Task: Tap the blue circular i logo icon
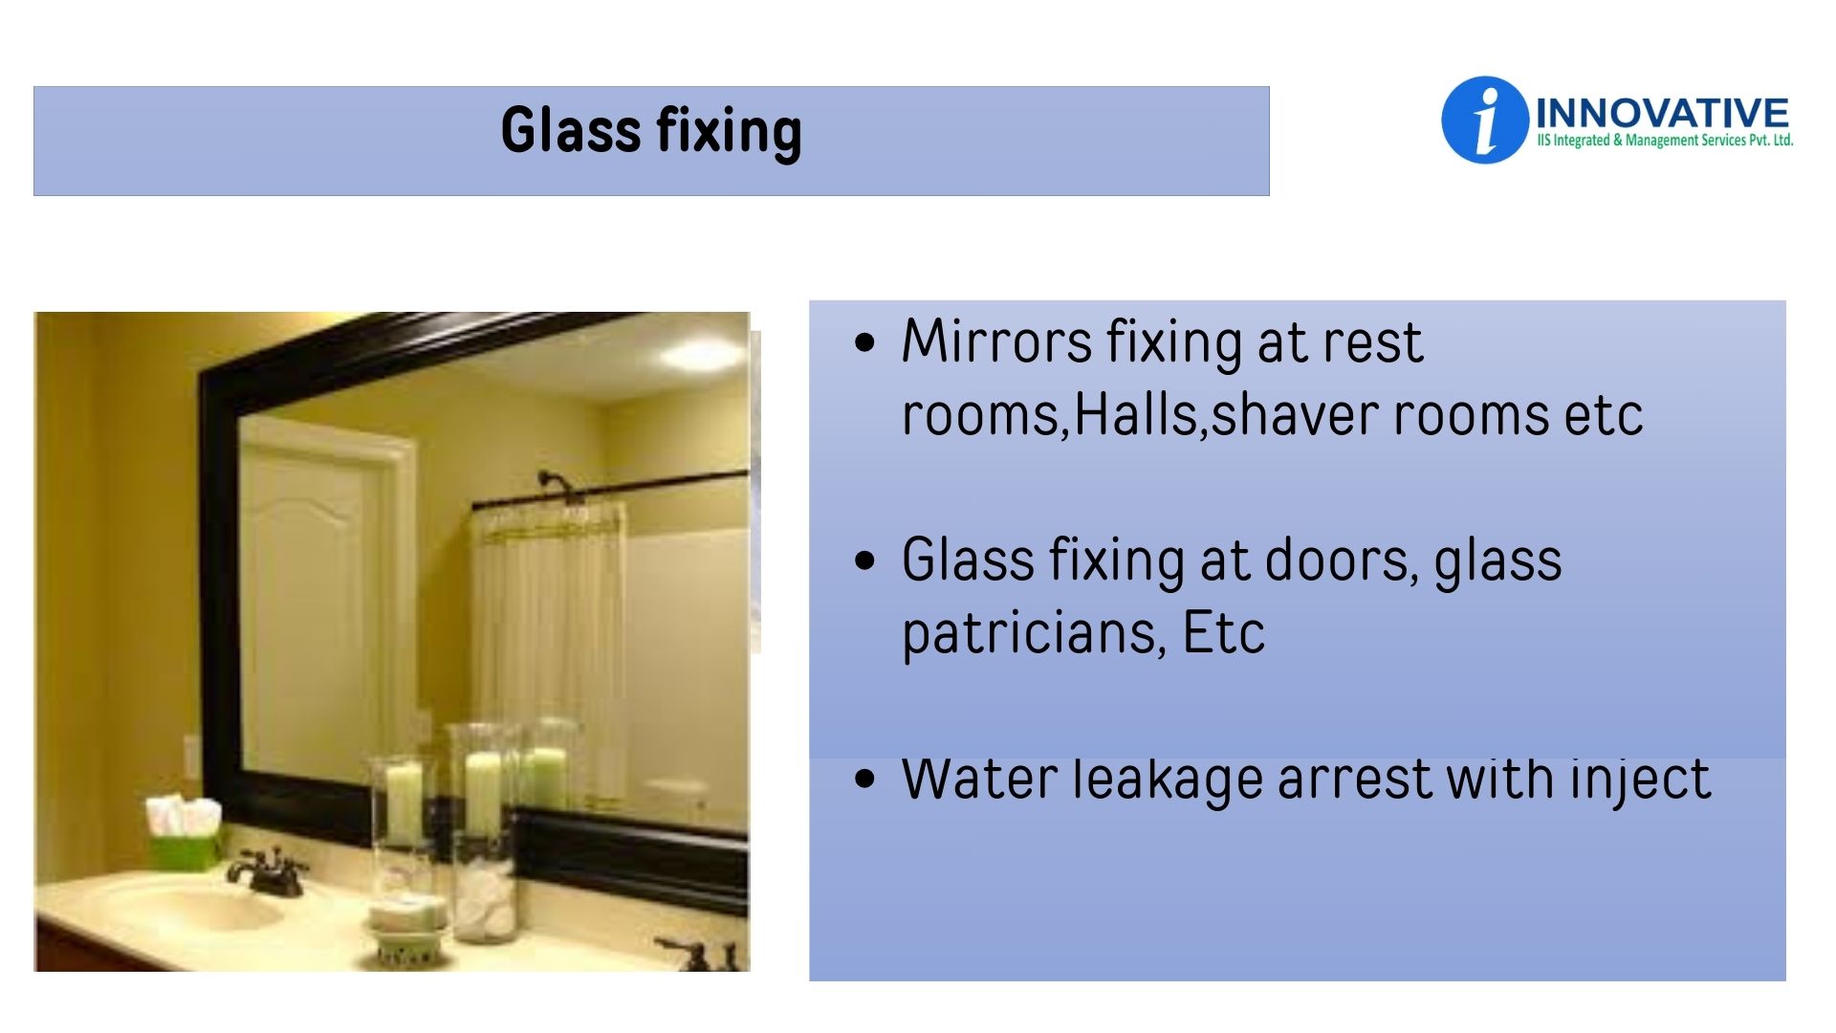click(1484, 121)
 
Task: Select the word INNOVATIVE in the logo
click(1662, 113)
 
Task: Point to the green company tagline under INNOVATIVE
click(1665, 141)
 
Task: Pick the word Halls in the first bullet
click(1136, 414)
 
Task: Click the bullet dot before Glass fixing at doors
click(865, 560)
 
